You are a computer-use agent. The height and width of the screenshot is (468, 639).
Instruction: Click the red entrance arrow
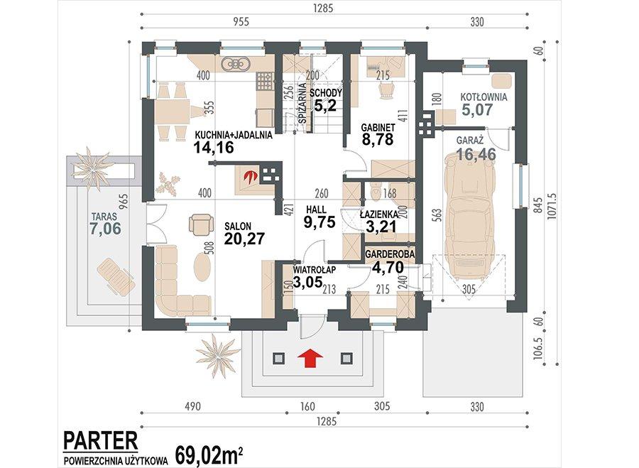(310, 359)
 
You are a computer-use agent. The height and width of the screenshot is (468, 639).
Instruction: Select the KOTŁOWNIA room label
(484, 98)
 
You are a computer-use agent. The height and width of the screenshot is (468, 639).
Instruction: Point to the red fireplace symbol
(249, 176)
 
